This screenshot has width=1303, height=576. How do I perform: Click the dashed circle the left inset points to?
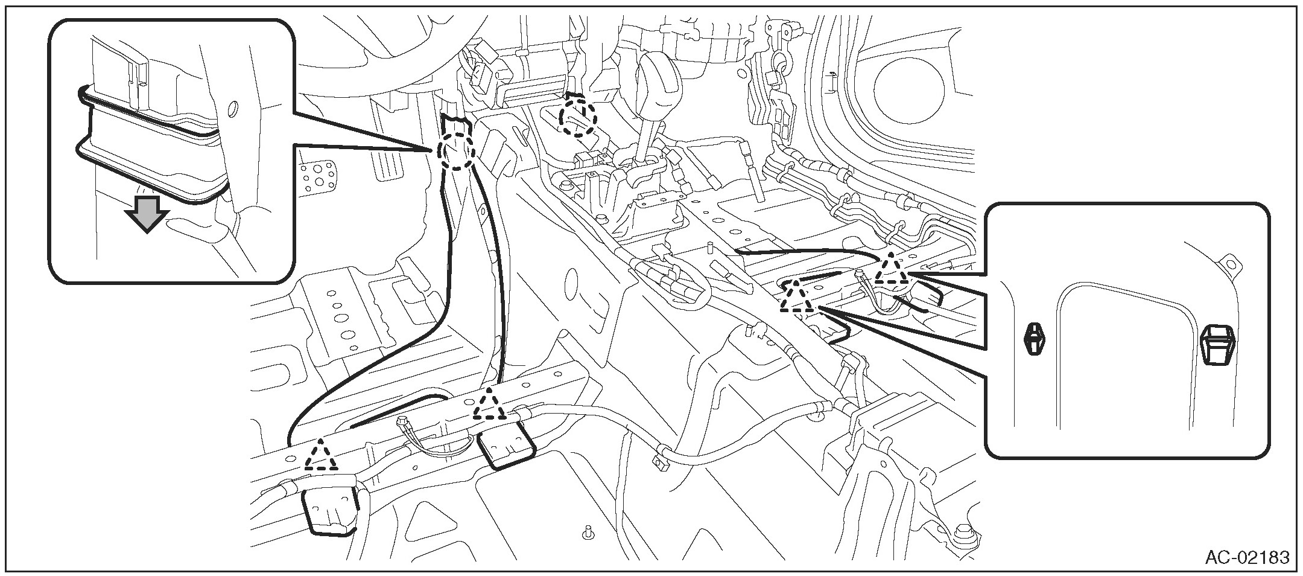(x=455, y=151)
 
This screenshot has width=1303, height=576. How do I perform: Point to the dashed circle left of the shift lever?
(x=577, y=118)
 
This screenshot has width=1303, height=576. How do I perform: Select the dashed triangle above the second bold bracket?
(x=489, y=405)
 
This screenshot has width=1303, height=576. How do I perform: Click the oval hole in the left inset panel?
(x=232, y=109)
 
